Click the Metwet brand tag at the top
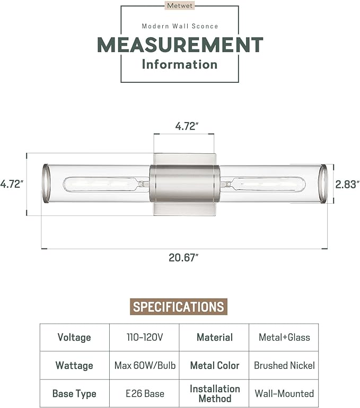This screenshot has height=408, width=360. pyautogui.click(x=180, y=6)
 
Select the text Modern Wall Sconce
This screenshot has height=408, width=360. pyautogui.click(x=180, y=26)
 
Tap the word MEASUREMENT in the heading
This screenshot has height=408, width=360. pyautogui.click(x=180, y=45)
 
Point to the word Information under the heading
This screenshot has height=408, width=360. pyautogui.click(x=180, y=65)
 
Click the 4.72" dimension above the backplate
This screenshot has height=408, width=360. pyautogui.click(x=187, y=126)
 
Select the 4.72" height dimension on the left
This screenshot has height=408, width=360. pyautogui.click(x=12, y=185)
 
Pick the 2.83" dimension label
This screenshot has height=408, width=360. pyautogui.click(x=348, y=184)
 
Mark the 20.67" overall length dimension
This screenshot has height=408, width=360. pyautogui.click(x=183, y=258)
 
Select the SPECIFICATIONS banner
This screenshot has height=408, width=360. pyautogui.click(x=178, y=307)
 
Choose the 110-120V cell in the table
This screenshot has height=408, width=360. pyautogui.click(x=144, y=337)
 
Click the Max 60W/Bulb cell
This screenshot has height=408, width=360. pyautogui.click(x=144, y=366)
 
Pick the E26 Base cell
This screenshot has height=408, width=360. pyautogui.click(x=144, y=394)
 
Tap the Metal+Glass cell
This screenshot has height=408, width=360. pyautogui.click(x=284, y=337)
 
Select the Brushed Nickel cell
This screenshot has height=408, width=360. pyautogui.click(x=284, y=366)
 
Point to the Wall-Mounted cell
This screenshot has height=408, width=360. pyautogui.click(x=284, y=394)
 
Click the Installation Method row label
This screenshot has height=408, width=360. pyautogui.click(x=214, y=393)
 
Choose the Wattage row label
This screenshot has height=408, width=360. pyautogui.click(x=74, y=366)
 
